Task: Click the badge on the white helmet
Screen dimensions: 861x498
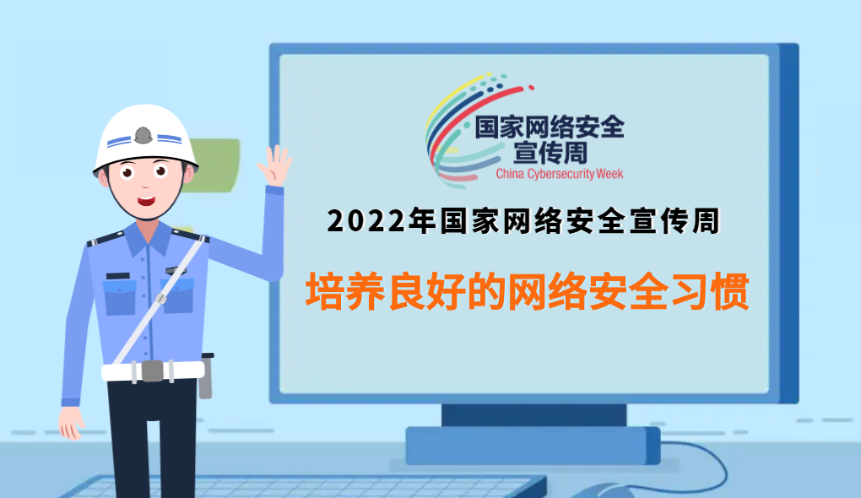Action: tap(143, 135)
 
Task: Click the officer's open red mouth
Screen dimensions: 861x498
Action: tap(146, 201)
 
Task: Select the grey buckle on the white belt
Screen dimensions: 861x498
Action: tap(152, 371)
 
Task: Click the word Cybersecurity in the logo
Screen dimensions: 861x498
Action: tap(560, 175)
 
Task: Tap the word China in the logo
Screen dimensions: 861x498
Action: tap(510, 174)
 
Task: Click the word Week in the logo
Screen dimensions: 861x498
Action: tap(609, 174)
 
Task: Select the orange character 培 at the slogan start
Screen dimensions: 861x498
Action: tap(324, 291)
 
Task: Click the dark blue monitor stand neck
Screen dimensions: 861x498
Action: tap(533, 415)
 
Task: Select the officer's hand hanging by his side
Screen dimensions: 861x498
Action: tap(71, 422)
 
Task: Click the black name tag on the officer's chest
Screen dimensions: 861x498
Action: tap(117, 276)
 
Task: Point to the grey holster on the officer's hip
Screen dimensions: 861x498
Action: tap(205, 376)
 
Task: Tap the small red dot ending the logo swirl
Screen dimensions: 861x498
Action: tap(531, 87)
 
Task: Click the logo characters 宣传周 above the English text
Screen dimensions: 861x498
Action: tap(550, 153)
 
